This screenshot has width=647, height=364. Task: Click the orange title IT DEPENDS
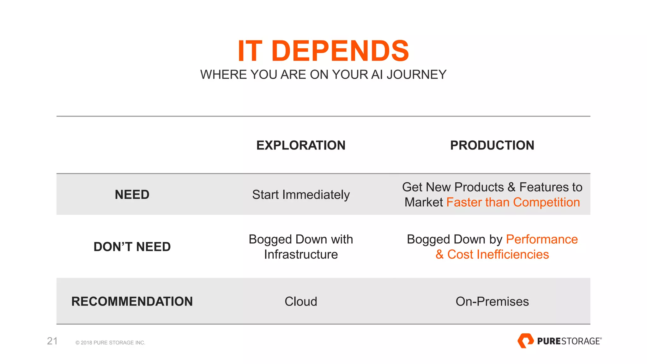[323, 51]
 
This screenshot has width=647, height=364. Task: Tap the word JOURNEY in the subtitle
[416, 75]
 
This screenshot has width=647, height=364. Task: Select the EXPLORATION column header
[301, 145]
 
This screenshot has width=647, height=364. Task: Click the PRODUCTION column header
[492, 145]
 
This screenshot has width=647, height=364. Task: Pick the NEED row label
[132, 195]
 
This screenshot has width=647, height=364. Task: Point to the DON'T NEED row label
[132, 247]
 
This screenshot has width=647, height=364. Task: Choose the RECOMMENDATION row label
[132, 301]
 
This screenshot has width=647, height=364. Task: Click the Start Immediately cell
[301, 195]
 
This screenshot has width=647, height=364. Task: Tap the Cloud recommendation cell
[301, 301]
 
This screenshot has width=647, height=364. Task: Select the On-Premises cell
[492, 301]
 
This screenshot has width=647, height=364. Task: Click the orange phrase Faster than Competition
[513, 202]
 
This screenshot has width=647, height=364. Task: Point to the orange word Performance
[542, 239]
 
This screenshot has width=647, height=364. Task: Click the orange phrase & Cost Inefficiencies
[492, 254]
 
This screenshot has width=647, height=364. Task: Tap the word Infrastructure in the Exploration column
[301, 254]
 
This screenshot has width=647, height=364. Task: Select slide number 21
[52, 341]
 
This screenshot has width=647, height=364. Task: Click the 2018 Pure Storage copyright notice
[110, 343]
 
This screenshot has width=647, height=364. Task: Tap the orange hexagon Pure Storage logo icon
[525, 341]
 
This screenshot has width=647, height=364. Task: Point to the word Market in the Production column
[424, 202]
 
